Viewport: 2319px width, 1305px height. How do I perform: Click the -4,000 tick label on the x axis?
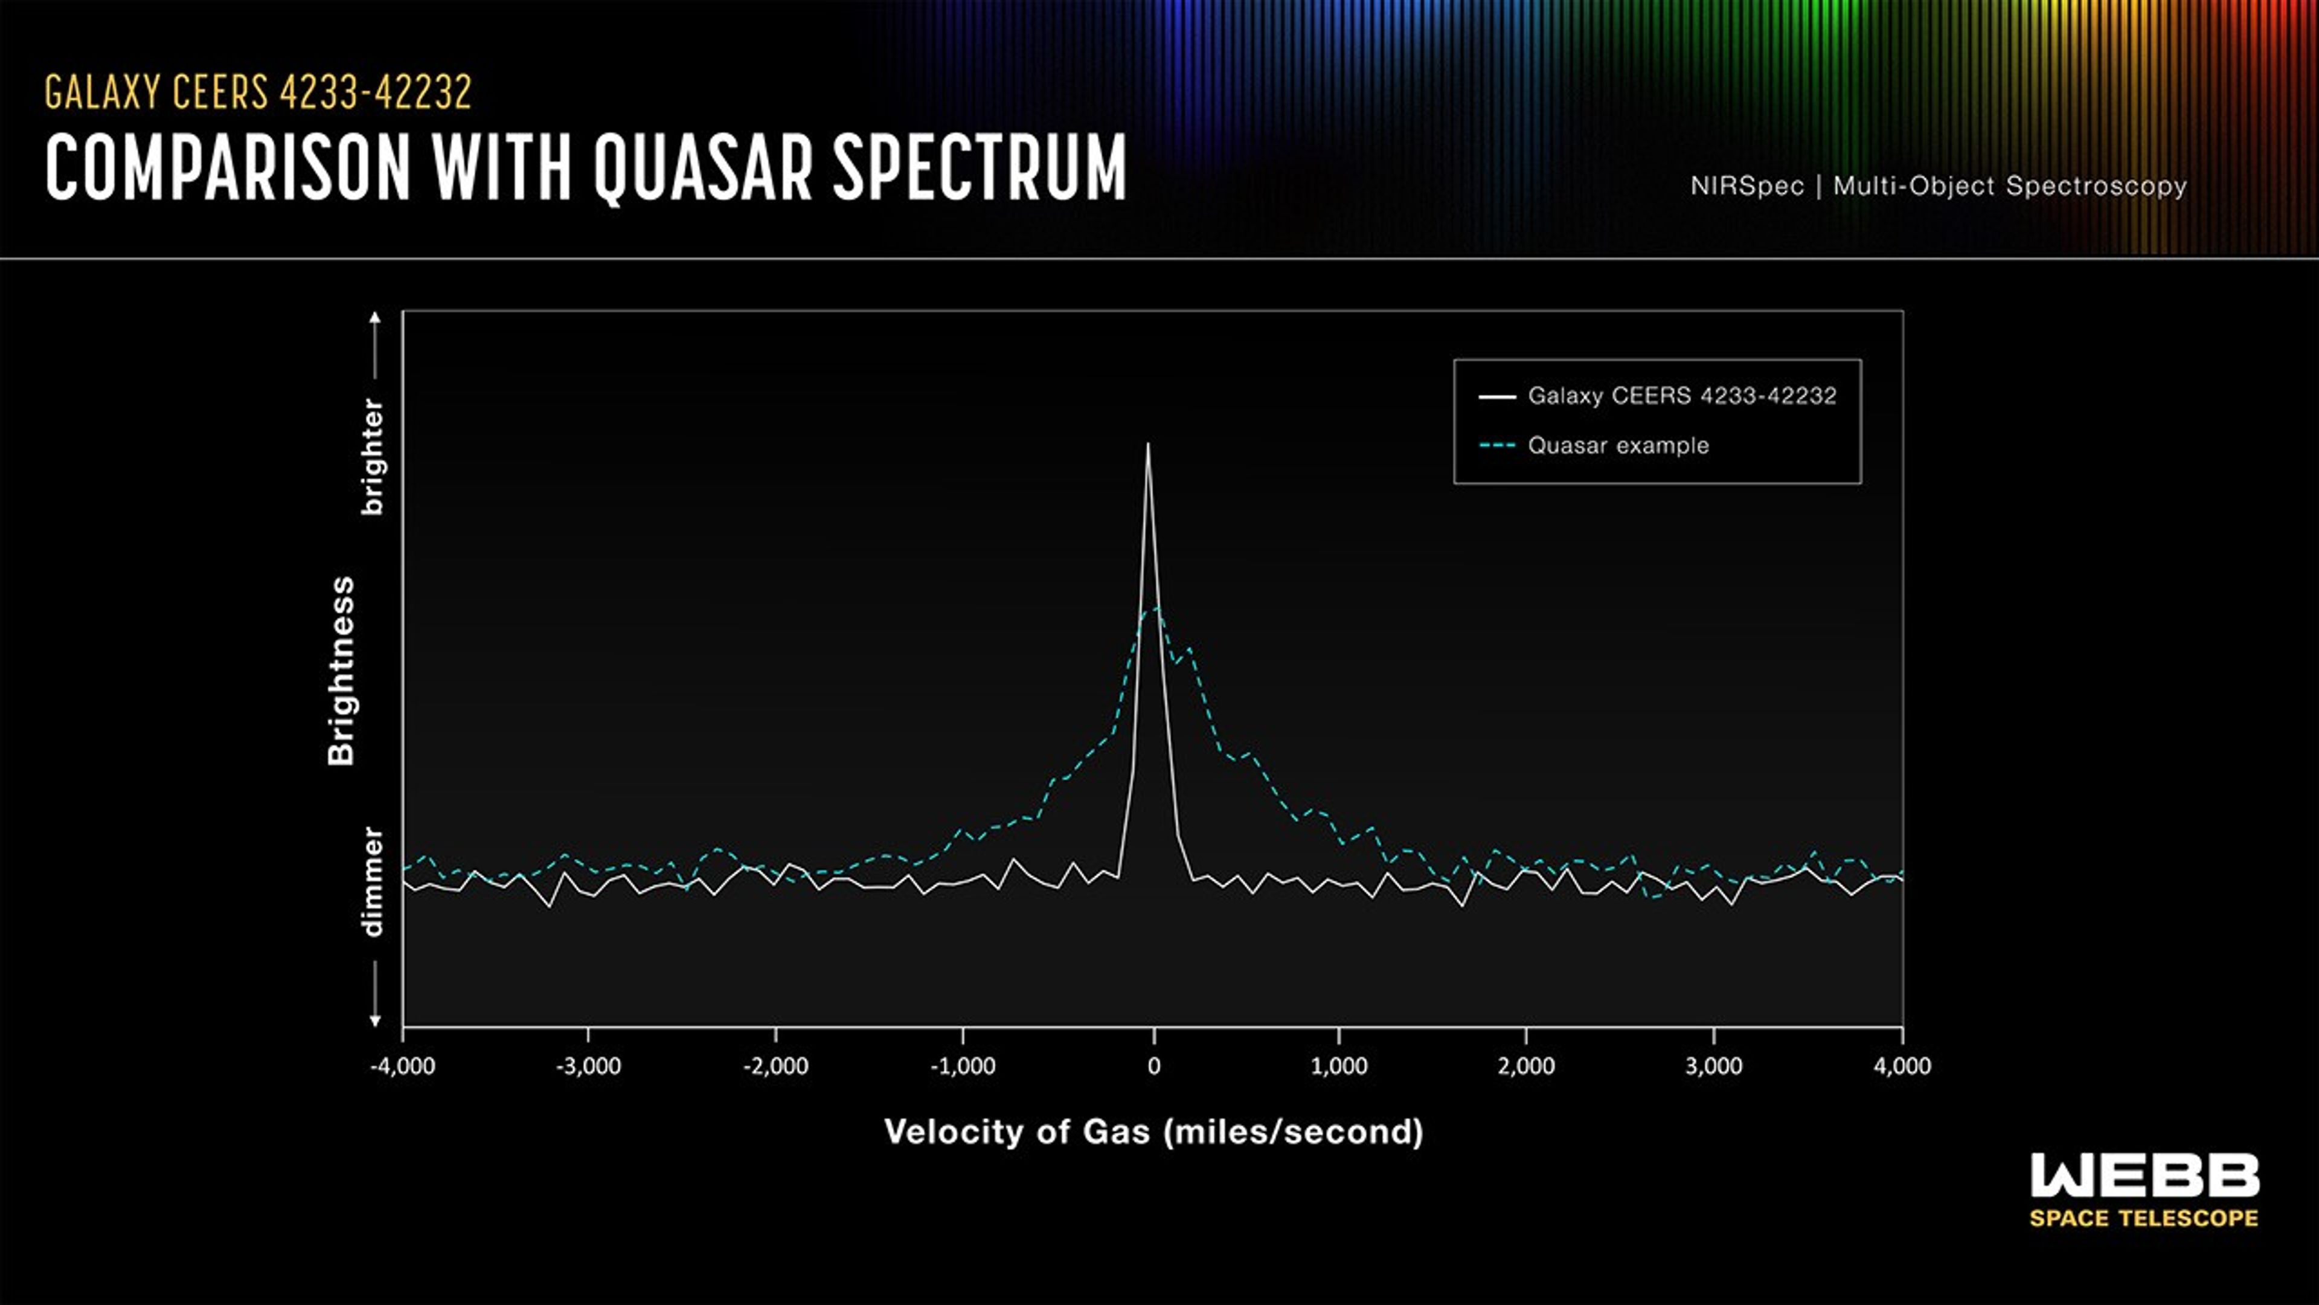tap(402, 1066)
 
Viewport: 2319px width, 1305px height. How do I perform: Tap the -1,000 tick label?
tap(963, 1066)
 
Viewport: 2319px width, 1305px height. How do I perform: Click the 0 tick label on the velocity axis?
tap(1153, 1066)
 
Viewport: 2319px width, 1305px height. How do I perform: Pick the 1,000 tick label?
tap(1339, 1066)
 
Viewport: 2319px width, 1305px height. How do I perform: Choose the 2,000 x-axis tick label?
tap(1526, 1066)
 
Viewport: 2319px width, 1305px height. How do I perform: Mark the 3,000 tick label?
tap(1713, 1066)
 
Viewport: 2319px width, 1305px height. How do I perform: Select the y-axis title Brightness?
tap(342, 672)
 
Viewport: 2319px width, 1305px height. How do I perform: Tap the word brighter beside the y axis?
tap(372, 457)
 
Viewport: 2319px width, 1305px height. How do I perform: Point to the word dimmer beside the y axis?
tap(372, 883)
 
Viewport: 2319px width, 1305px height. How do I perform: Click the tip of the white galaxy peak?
tap(1148, 444)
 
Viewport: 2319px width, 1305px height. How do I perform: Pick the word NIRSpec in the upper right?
tap(1746, 187)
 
